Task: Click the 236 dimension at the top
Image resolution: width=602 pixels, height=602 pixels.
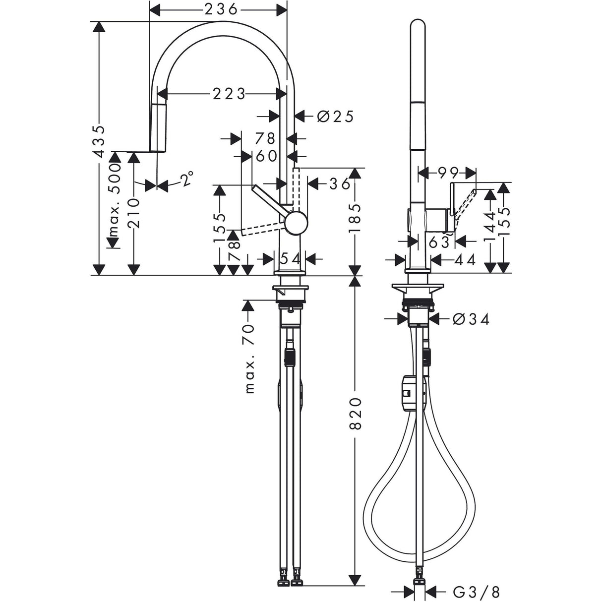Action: pos(218,9)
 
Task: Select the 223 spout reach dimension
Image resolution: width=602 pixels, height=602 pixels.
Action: pos(229,94)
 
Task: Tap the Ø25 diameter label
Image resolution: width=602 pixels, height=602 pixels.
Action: pos(335,117)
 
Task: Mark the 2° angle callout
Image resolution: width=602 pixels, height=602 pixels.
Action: pos(186,179)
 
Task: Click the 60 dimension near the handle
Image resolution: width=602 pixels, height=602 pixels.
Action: pos(266,156)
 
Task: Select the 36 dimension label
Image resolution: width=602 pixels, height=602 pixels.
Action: pos(340,183)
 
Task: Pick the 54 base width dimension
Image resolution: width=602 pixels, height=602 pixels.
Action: pos(290,258)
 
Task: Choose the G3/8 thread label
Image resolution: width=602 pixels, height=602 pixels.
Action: pos(476,591)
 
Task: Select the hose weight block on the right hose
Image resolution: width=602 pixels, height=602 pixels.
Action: pos(408,393)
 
